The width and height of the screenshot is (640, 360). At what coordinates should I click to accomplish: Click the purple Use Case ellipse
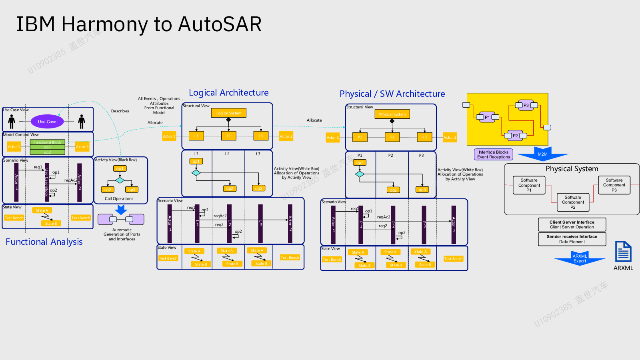[x=47, y=122]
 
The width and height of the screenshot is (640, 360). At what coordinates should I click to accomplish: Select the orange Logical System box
[x=228, y=113]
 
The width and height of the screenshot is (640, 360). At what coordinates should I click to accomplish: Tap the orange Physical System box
[x=392, y=114]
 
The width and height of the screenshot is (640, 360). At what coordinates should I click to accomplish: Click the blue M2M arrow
[x=543, y=154]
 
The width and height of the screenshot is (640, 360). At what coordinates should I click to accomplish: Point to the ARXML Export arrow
[x=580, y=259]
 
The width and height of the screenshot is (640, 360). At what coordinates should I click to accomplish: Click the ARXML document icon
[x=623, y=252]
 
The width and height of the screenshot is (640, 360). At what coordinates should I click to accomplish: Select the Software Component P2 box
[x=573, y=202]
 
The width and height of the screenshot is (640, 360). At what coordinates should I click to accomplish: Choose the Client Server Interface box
[x=572, y=224]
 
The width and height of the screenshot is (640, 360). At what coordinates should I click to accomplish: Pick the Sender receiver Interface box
[x=572, y=239]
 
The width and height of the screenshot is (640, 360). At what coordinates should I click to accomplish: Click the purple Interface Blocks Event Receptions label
[x=493, y=154]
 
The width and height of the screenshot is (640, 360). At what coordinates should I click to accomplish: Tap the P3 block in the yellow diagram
[x=526, y=105]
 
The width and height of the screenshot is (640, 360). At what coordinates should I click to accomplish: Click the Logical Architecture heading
[x=228, y=93]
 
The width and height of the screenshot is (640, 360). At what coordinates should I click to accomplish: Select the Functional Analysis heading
[x=44, y=242]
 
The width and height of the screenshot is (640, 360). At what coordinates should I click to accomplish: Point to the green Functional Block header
[x=47, y=142]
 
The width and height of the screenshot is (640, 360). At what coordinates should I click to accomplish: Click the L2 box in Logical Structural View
[x=228, y=136]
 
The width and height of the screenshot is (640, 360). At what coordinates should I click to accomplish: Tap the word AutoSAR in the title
[x=220, y=24]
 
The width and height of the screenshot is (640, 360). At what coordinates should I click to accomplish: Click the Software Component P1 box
[x=529, y=185]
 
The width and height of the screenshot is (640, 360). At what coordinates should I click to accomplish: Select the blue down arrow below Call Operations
[x=121, y=210]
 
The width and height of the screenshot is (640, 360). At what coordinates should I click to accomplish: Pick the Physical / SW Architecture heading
[x=392, y=94]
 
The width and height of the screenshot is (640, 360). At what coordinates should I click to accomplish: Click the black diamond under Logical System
[x=228, y=120]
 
